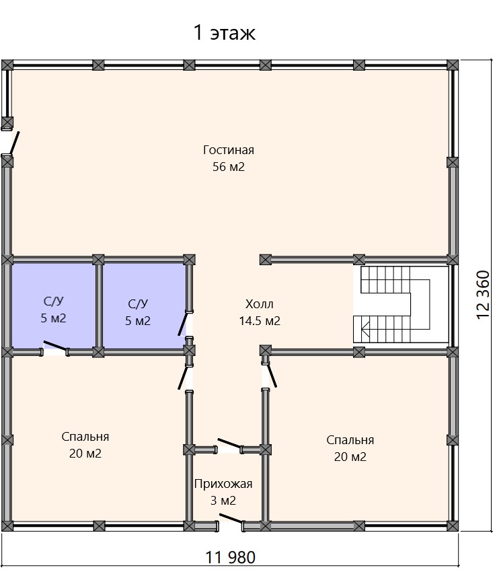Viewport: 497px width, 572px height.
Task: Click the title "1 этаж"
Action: tap(224, 32)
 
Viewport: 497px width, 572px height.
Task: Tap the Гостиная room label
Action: tap(229, 150)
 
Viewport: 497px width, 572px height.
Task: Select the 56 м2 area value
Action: tap(229, 167)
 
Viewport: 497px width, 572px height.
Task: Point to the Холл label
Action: tap(259, 304)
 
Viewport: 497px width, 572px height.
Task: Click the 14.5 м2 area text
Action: tap(260, 321)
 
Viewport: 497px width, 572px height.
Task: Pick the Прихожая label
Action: tap(223, 484)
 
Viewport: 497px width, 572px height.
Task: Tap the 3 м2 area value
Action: tap(223, 501)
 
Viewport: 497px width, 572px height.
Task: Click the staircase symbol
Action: tap(400, 305)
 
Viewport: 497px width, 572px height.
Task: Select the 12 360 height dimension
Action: tap(483, 295)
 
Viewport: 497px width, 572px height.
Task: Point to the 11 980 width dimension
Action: tap(231, 557)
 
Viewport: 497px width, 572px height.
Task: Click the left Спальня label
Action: tap(85, 437)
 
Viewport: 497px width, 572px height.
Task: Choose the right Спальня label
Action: tap(350, 440)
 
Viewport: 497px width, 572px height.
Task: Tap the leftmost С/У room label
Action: tap(54, 301)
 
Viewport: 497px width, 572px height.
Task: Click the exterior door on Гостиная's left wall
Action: tap(14, 143)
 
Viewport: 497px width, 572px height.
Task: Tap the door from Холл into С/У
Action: tap(183, 324)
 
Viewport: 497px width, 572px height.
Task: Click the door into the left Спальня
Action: tap(183, 378)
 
